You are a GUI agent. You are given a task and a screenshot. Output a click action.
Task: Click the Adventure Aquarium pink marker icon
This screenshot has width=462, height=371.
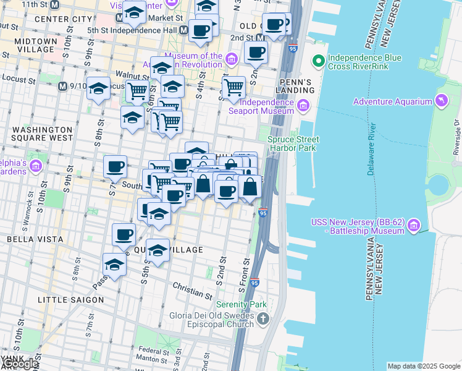[442, 100]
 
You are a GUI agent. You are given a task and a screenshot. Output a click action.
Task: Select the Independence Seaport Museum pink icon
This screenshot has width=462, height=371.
[303, 107]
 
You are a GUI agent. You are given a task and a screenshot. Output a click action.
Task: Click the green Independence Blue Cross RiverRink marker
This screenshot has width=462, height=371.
[319, 61]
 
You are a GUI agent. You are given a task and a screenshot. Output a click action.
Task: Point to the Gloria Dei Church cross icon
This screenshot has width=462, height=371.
[263, 320]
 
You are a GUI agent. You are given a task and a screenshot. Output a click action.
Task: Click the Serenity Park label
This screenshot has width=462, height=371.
[241, 305]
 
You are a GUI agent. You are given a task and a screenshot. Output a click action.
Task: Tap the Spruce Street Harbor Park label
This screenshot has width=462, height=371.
[292, 144]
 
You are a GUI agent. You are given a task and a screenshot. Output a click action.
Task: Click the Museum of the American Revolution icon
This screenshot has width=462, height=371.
[232, 59]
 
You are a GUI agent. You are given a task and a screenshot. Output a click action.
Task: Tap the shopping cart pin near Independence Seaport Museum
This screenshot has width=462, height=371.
[233, 88]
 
